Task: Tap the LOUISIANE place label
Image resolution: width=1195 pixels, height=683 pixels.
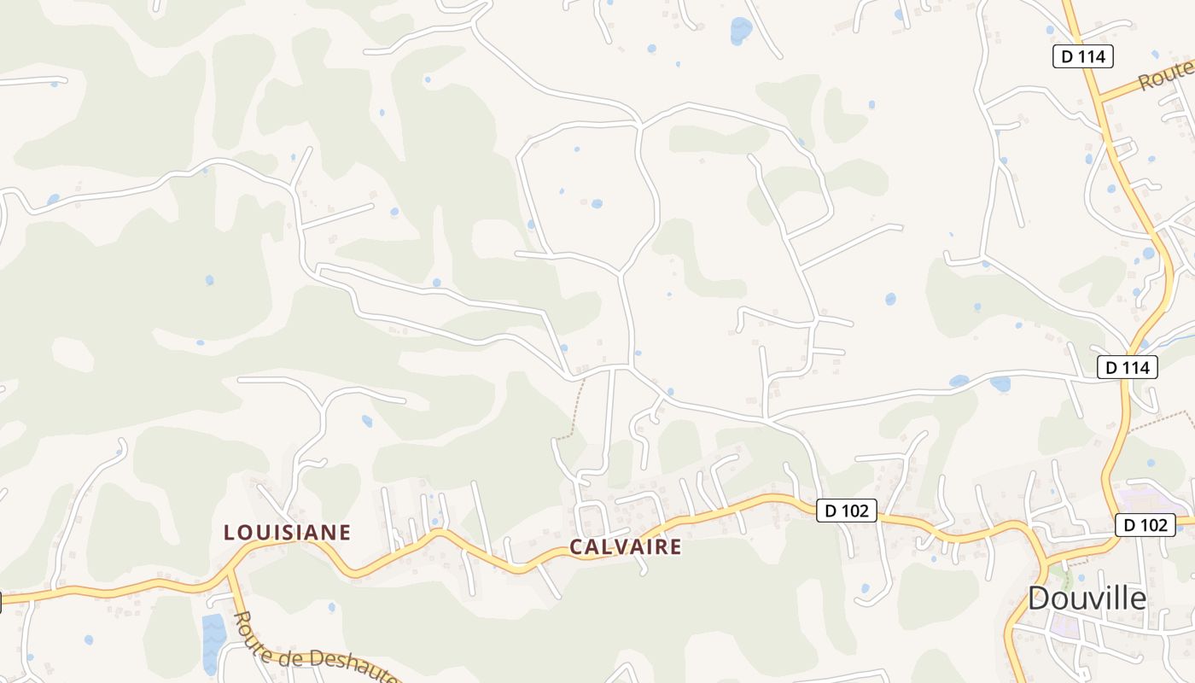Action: click(x=287, y=533)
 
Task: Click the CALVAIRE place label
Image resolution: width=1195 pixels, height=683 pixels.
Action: click(x=625, y=547)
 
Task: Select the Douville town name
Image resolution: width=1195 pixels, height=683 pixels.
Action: click(x=1087, y=598)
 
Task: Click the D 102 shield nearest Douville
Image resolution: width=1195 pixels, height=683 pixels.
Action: click(x=1145, y=525)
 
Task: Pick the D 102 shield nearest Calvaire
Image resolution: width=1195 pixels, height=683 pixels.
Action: click(x=846, y=511)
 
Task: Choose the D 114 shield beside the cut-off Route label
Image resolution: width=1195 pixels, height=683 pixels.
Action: click(x=1082, y=57)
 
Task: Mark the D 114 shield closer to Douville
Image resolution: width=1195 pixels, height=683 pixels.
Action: click(x=1127, y=367)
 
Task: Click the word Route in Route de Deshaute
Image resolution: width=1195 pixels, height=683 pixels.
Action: click(x=253, y=631)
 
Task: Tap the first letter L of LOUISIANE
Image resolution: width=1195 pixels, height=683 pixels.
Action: click(x=229, y=533)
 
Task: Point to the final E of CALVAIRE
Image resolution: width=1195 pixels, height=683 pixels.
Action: click(x=676, y=547)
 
